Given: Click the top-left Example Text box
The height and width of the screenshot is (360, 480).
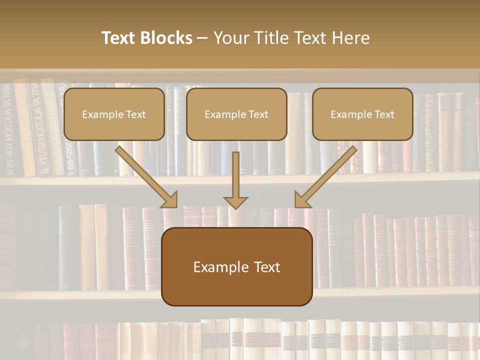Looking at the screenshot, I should click(x=114, y=114).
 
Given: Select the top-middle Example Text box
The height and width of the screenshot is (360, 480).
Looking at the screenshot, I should click(x=236, y=114).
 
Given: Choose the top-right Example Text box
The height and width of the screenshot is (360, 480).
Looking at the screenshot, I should click(x=362, y=114).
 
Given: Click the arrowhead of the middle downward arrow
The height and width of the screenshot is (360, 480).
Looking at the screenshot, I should click(x=235, y=202).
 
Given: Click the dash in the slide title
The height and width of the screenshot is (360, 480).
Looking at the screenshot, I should click(x=202, y=38).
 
